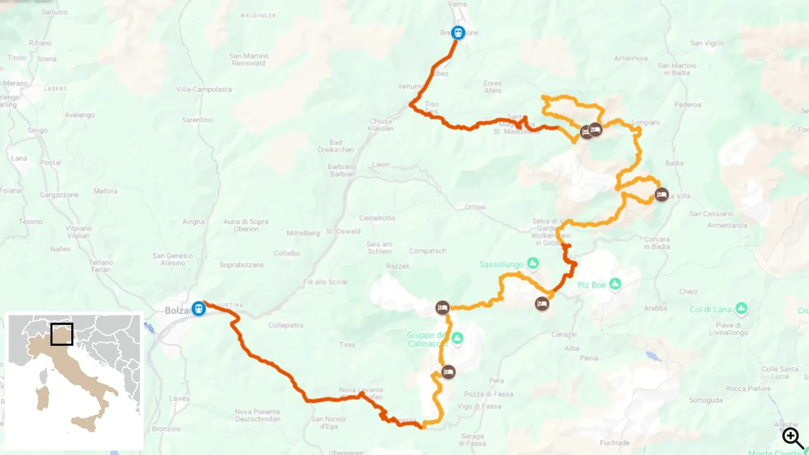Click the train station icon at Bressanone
click(458, 32)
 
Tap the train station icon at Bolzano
click(198, 308)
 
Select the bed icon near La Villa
click(662, 195)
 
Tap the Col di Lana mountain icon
click(741, 309)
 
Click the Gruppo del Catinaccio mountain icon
click(457, 337)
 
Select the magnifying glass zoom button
click(793, 438)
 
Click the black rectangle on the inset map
click(62, 334)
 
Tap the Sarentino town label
click(197, 120)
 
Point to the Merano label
click(15, 83)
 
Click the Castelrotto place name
click(377, 218)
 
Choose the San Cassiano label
click(711, 214)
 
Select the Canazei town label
click(564, 335)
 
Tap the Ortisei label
click(475, 207)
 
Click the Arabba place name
click(655, 308)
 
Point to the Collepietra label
click(285, 325)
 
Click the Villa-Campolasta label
click(204, 89)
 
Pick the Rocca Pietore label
click(747, 388)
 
